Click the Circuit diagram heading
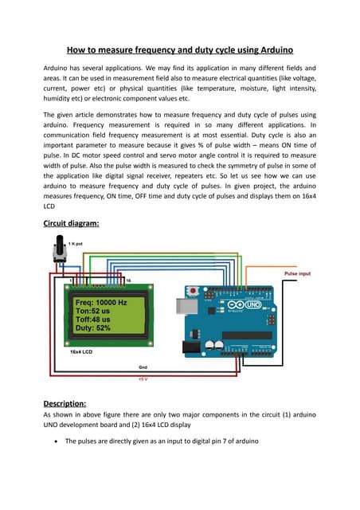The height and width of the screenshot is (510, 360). pos(71,223)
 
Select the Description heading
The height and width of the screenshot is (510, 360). pos(65,403)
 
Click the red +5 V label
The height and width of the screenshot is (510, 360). pos(143,381)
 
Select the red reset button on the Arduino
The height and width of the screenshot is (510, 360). pos(194,288)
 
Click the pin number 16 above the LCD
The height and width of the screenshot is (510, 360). pos(128,280)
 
